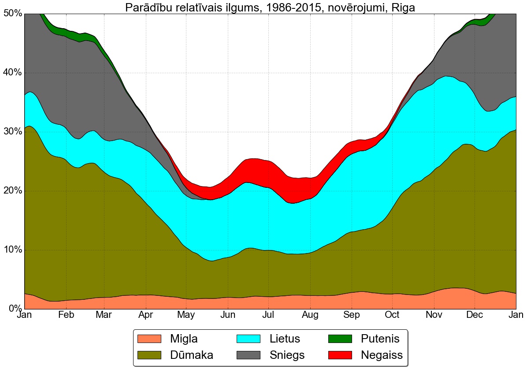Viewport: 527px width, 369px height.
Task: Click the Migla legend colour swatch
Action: [x=149, y=339]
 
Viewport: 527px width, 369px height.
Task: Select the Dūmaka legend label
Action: [x=192, y=355]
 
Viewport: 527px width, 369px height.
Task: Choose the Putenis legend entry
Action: [x=380, y=339]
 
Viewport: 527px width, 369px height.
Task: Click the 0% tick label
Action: [x=14, y=309]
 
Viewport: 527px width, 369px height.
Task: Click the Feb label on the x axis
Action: [x=66, y=315]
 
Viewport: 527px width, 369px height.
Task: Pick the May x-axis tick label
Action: [x=186, y=315]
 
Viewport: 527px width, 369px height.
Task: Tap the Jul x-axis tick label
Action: [x=269, y=315]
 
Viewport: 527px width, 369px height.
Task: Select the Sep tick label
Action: [x=351, y=315]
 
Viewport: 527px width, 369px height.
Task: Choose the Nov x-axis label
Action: [x=434, y=315]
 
